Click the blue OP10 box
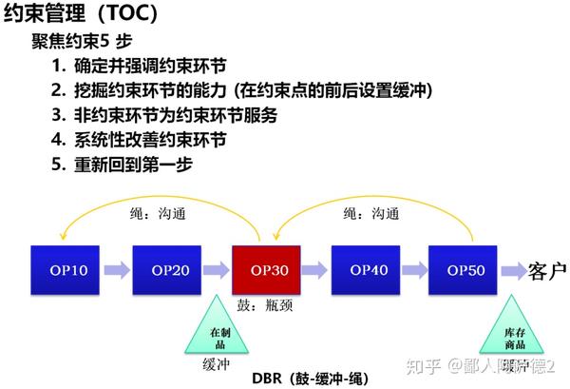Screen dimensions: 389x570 (66, 270)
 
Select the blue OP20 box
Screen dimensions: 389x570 (168, 270)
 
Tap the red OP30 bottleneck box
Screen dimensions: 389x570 (269, 270)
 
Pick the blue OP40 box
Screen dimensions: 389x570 (369, 270)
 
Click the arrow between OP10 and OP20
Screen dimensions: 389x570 (118, 270)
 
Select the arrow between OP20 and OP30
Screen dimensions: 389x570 (218, 270)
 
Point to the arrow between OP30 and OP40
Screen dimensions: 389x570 (318, 270)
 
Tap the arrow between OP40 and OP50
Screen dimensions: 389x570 (417, 270)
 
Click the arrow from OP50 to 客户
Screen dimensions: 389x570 (514, 270)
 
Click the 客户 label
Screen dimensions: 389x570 (545, 271)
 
